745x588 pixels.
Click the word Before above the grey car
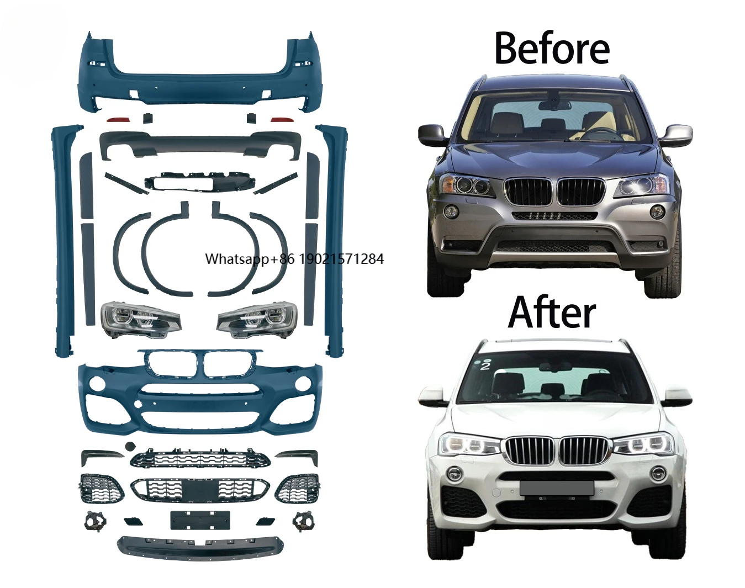(x=551, y=48)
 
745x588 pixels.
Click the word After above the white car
(x=551, y=312)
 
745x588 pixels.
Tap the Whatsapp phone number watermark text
(x=294, y=259)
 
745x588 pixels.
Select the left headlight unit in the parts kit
(x=140, y=319)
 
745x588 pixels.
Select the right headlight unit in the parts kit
(x=257, y=319)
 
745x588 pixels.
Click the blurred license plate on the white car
(x=556, y=488)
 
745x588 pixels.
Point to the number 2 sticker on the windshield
(x=485, y=365)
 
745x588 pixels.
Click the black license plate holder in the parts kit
(x=200, y=520)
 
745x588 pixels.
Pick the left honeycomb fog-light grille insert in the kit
(x=102, y=488)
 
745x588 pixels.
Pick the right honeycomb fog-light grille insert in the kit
(x=297, y=488)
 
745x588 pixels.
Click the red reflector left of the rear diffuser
(x=117, y=119)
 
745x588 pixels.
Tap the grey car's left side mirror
(x=432, y=134)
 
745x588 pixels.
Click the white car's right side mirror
(x=678, y=395)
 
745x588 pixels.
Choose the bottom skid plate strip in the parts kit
(x=201, y=545)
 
